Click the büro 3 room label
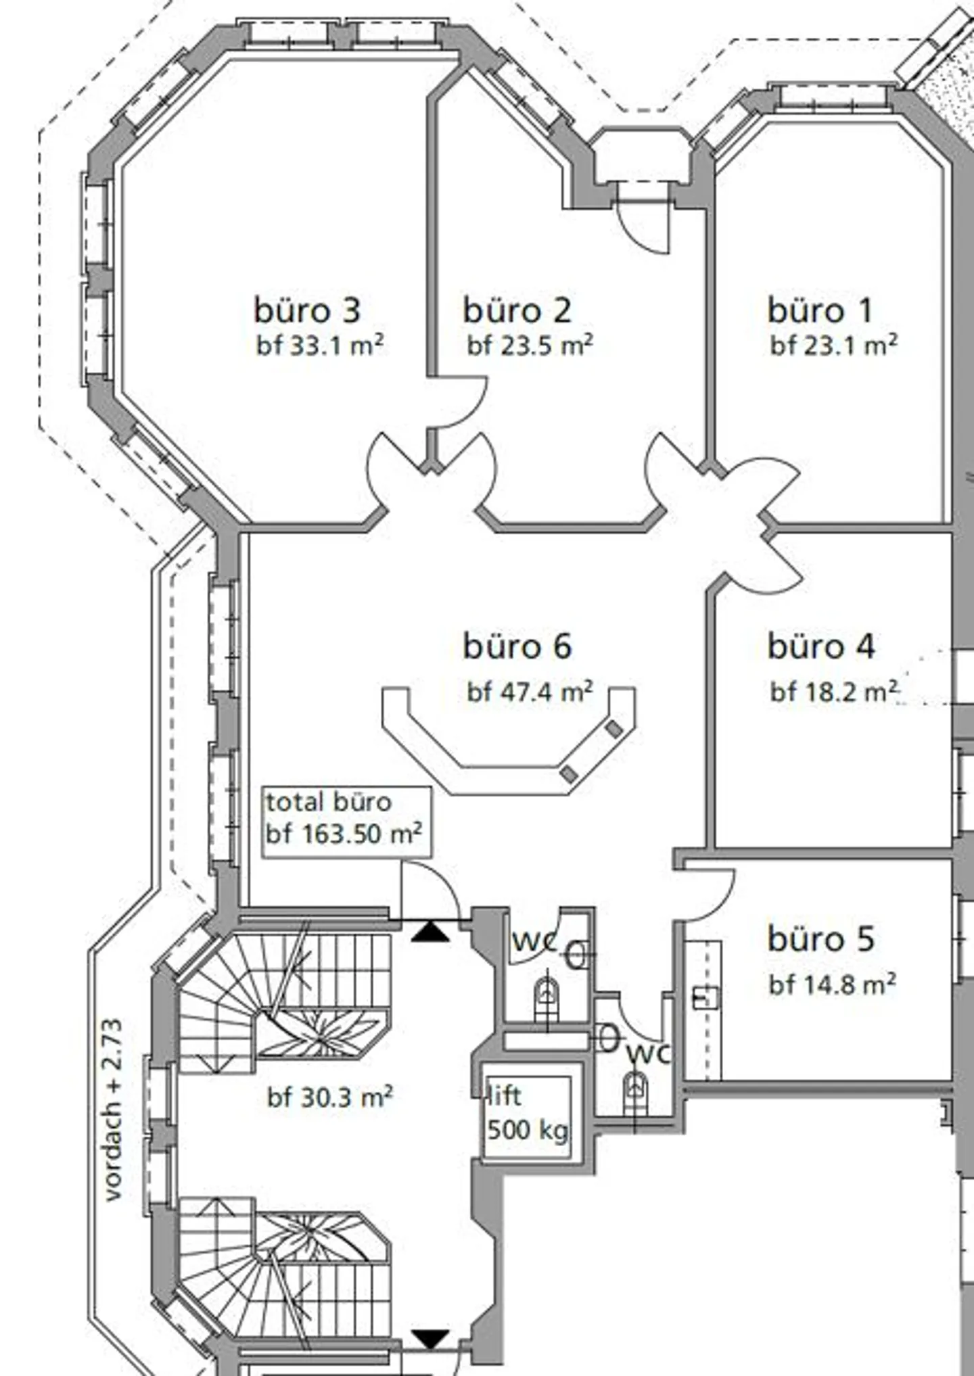(x=307, y=310)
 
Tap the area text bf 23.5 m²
(x=530, y=346)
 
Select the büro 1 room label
(x=820, y=310)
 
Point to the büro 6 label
(x=517, y=646)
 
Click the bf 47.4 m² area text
(x=530, y=692)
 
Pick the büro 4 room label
(x=821, y=646)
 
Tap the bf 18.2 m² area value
(x=834, y=692)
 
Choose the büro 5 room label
(x=821, y=939)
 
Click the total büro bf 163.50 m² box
(x=346, y=822)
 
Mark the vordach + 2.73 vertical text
(x=113, y=1110)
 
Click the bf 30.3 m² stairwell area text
(x=330, y=1097)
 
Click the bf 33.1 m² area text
(x=320, y=346)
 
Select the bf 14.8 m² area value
(x=833, y=984)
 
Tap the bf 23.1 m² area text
(x=834, y=346)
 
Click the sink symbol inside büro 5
(x=705, y=997)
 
